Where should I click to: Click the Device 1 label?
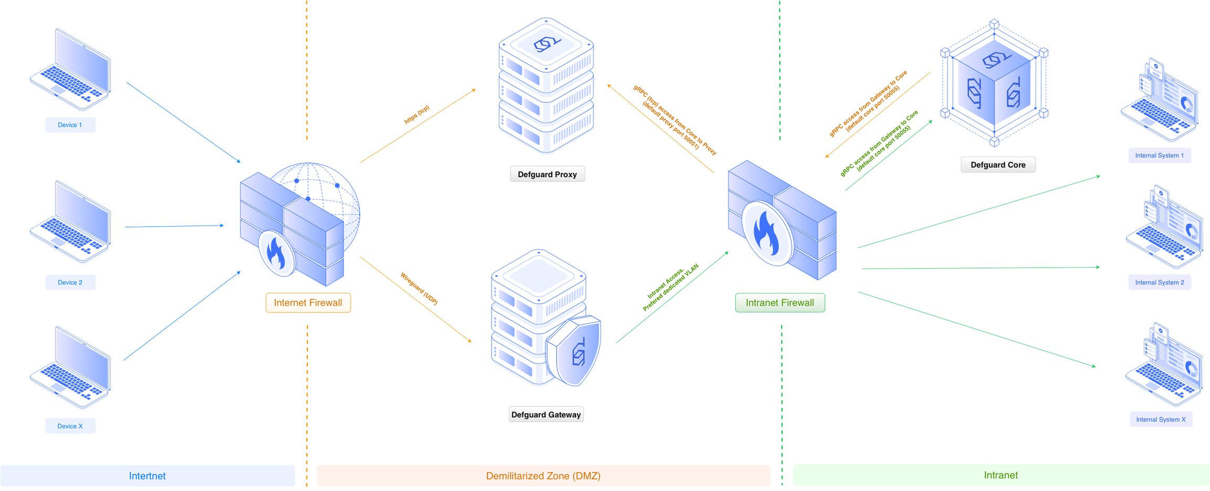point(70,125)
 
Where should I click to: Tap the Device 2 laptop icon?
point(70,221)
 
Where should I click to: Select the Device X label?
point(70,426)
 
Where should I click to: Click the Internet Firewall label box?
point(308,303)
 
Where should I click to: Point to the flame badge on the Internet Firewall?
point(276,253)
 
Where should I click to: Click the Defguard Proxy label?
point(547,175)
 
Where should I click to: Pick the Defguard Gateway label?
point(546,415)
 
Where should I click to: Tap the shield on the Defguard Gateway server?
point(574,350)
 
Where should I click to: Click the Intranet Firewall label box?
point(780,303)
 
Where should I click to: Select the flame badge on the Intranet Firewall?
point(767,233)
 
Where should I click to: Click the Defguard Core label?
point(998,165)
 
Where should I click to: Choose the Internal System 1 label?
point(1160,156)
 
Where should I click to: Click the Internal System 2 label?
point(1160,283)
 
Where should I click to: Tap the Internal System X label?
point(1161,420)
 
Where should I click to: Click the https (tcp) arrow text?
point(417,115)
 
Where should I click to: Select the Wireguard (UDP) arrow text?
point(419,289)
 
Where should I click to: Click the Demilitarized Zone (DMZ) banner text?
point(543,476)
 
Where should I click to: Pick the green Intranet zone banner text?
point(1000,475)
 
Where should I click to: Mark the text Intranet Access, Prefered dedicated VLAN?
point(671,287)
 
